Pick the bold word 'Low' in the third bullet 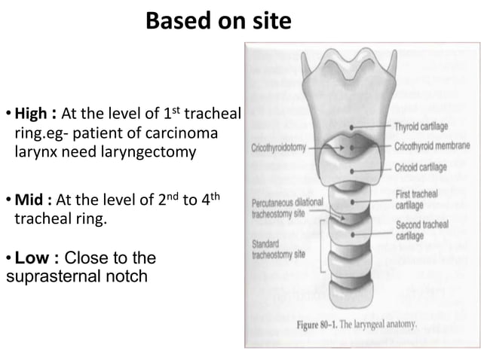[x=31, y=259]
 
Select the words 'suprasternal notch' [x=76, y=276]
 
